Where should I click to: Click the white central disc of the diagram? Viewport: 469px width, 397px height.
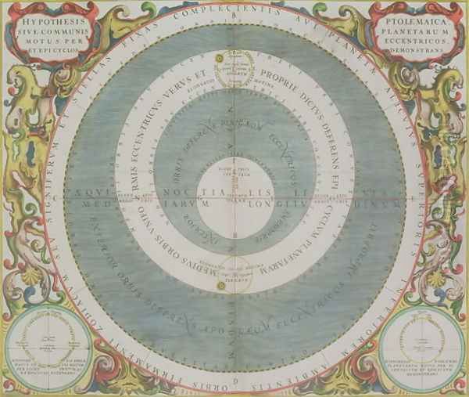pyautogui.click(x=233, y=191)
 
